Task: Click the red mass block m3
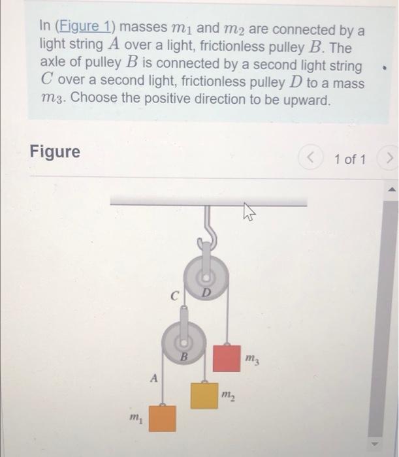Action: click(x=226, y=357)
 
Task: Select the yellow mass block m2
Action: click(x=204, y=394)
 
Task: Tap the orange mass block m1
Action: click(x=162, y=418)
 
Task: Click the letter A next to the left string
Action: click(x=153, y=377)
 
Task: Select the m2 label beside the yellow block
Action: click(x=228, y=396)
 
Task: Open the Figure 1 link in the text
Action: click(x=83, y=29)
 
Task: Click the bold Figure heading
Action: click(x=55, y=152)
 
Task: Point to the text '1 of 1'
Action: click(x=349, y=159)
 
